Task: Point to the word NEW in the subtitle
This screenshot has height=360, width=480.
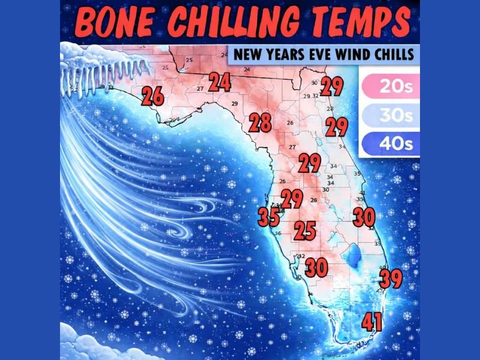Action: pos(247,54)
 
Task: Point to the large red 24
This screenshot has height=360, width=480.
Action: pos(220,82)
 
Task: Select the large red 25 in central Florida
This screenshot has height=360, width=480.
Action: pos(305,230)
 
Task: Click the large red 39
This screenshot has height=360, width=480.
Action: pos(391,278)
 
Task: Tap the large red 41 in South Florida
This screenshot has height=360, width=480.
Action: pos(372,323)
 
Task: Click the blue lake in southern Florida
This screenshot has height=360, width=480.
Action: pos(355,257)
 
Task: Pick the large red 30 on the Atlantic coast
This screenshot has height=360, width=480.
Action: pos(364,217)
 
